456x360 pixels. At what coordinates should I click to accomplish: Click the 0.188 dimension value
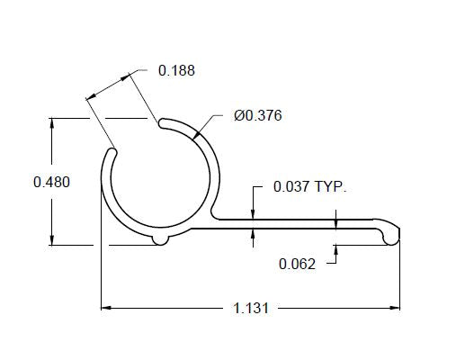[176, 70]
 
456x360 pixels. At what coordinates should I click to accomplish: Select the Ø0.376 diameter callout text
[258, 116]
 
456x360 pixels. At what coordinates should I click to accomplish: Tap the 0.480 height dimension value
[51, 182]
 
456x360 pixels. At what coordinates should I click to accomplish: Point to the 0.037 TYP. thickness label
[309, 187]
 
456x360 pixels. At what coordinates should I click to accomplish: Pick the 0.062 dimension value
[297, 264]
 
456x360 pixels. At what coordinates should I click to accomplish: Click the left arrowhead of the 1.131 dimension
[104, 308]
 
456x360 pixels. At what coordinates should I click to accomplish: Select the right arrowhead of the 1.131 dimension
[396, 308]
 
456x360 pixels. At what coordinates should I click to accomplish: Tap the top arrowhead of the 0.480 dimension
[52, 121]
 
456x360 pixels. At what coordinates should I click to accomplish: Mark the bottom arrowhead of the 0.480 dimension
[52, 240]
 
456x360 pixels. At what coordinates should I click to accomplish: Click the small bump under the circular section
[160, 239]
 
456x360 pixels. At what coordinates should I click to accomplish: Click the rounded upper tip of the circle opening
[162, 122]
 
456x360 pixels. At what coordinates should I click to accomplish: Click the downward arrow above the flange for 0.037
[254, 213]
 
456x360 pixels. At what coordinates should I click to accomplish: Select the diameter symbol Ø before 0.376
[238, 116]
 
